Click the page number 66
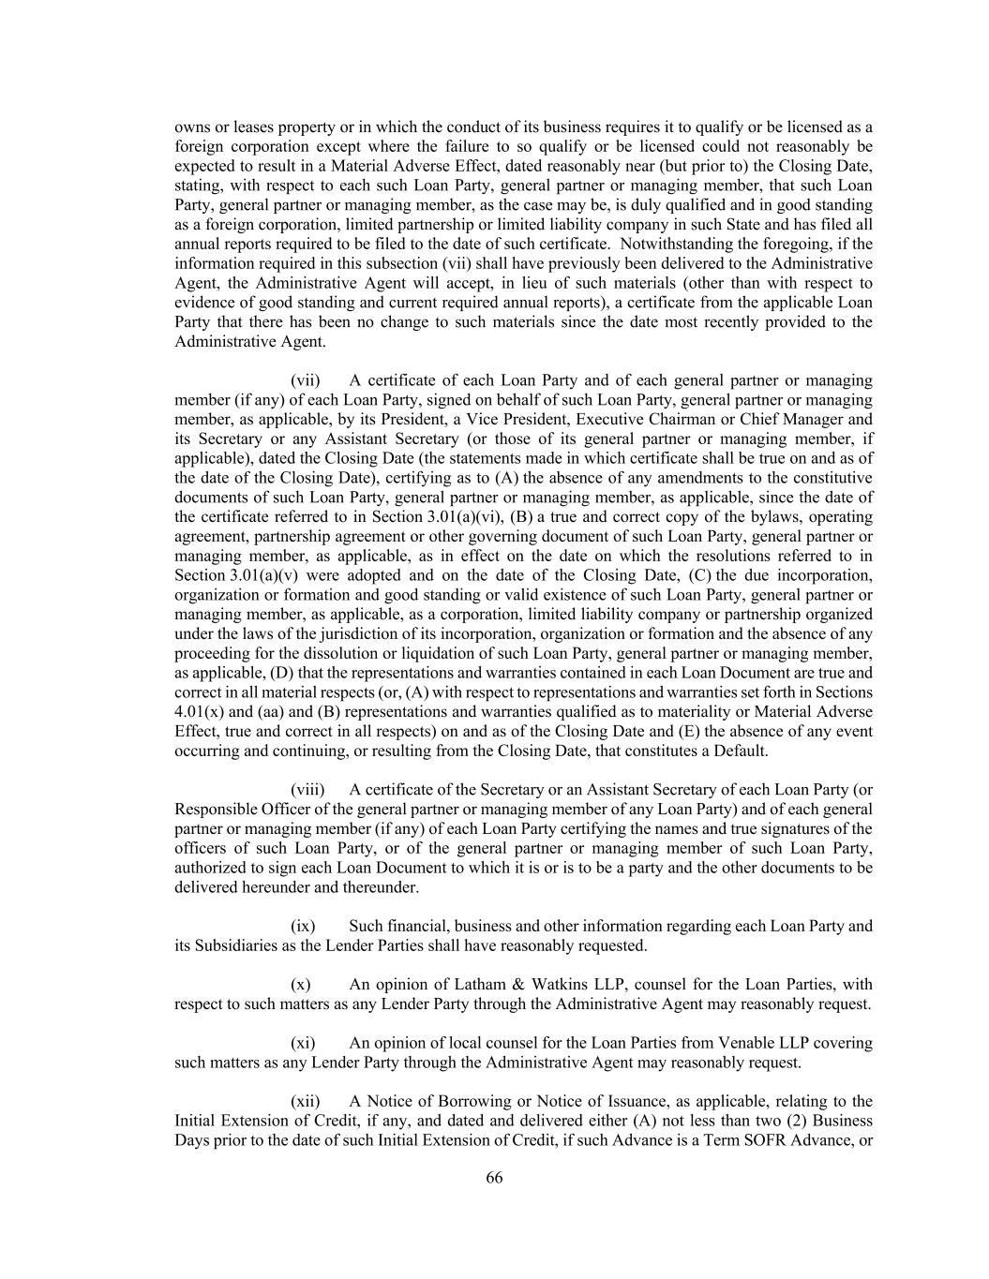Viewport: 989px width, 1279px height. [x=494, y=1179]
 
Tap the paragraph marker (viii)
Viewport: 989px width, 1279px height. [x=307, y=790]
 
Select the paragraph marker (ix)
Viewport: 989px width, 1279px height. [x=304, y=926]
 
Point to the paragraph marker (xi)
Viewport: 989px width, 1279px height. [x=304, y=1043]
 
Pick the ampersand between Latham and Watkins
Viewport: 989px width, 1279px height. [x=517, y=984]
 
